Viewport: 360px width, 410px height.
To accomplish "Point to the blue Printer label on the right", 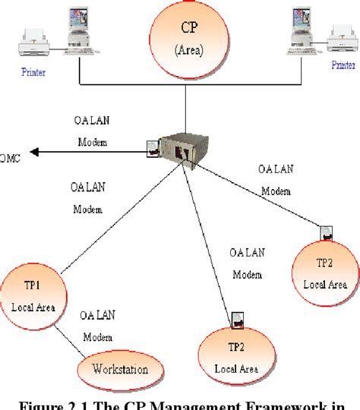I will pyautogui.click(x=343, y=65).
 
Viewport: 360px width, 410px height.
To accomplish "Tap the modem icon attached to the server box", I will pyautogui.click(x=153, y=146).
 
